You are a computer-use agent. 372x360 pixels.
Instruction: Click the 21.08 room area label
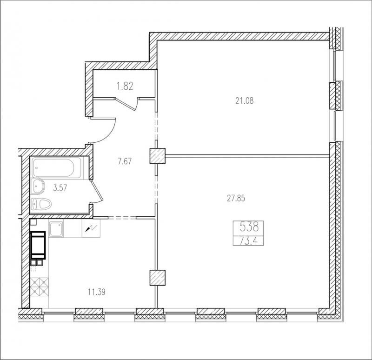pos(245,101)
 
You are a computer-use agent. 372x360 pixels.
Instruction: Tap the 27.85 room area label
pos(236,198)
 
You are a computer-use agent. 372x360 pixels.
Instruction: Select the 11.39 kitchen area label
pos(97,292)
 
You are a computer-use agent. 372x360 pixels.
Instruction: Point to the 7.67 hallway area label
pos(125,161)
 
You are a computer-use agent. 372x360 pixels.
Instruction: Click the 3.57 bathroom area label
pos(60,188)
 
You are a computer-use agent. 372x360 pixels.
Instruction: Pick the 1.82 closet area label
pos(125,86)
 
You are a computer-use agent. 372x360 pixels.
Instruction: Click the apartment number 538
pos(249,227)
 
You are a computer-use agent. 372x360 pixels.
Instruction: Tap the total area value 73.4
pos(249,241)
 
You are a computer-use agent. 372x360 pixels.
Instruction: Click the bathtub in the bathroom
pos(57,167)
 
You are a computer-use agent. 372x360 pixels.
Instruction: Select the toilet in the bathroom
pos(41,204)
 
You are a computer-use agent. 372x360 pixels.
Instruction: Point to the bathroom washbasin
pos(38,187)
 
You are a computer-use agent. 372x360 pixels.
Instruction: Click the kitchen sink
pos(56,229)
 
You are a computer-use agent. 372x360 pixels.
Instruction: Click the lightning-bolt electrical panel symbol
pos(91,228)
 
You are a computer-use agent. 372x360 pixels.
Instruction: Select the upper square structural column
pos(157,156)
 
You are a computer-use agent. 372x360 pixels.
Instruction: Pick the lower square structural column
pos(157,278)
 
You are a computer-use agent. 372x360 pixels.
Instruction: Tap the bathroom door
pos(97,191)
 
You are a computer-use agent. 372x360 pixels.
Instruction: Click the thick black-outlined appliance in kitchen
pos(38,245)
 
